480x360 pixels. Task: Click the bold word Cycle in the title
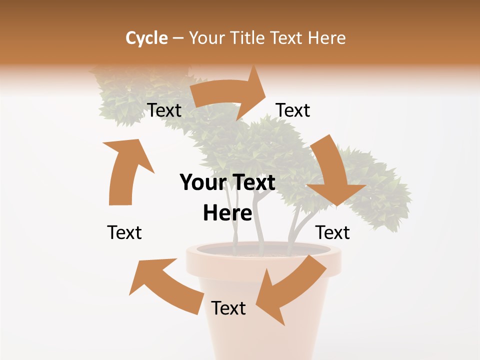click(146, 38)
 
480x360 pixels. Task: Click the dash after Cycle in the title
click(178, 38)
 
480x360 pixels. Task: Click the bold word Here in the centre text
click(227, 213)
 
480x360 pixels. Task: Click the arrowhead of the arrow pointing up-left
click(150, 277)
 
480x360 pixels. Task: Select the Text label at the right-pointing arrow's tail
click(164, 110)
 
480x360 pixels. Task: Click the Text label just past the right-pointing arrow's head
click(293, 110)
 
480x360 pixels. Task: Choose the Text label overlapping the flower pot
click(228, 308)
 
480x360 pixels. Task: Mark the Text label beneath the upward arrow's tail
click(124, 232)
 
